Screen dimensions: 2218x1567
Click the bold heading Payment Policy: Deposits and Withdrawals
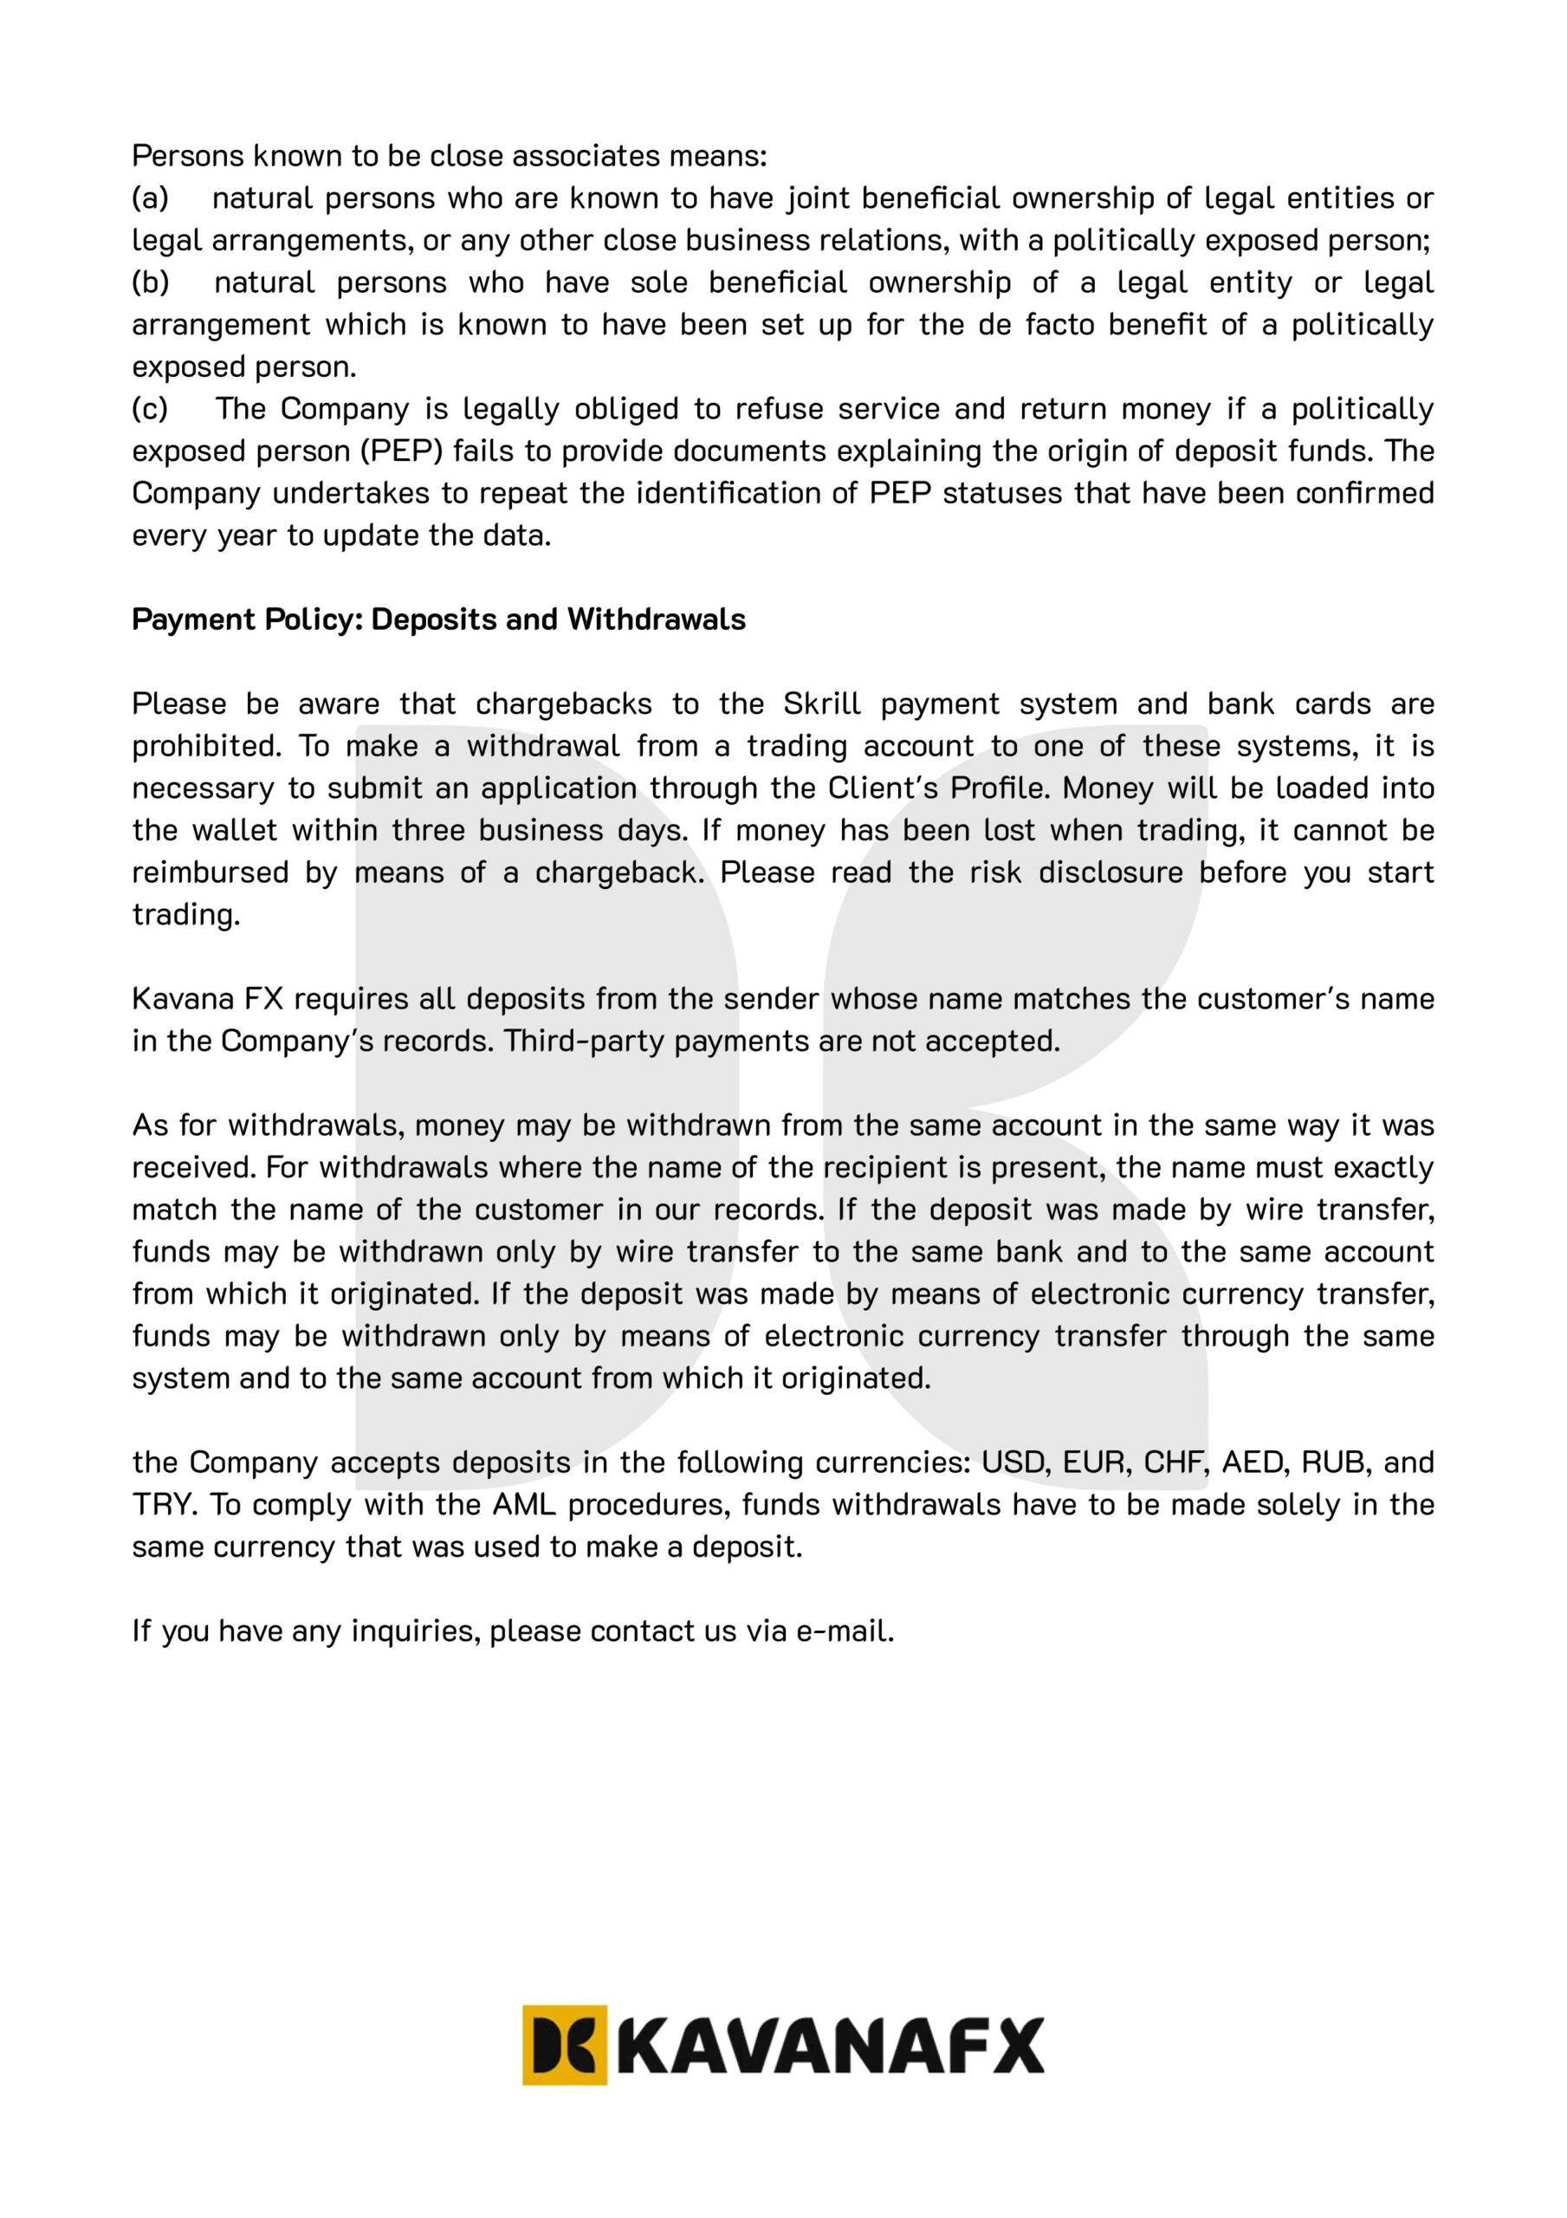[x=438, y=619]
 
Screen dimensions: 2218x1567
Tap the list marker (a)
[x=150, y=198]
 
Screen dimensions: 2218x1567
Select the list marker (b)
[x=151, y=282]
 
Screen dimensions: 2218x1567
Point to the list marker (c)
[x=150, y=409]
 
